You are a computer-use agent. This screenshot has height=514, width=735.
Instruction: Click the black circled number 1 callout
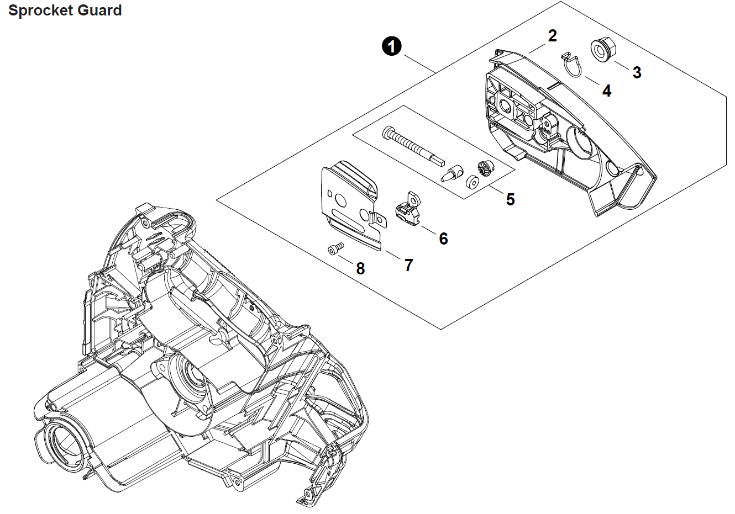[392, 46]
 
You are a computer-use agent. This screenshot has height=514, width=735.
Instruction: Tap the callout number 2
[552, 36]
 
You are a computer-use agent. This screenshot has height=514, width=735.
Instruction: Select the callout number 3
[637, 72]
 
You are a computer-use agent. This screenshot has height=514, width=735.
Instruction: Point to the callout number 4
[607, 91]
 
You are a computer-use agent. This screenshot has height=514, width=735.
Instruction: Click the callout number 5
[510, 199]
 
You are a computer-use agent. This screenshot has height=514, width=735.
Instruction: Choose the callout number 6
[443, 239]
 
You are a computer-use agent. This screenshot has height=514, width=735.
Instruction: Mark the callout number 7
[408, 266]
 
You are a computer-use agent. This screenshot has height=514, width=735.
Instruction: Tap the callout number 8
[360, 269]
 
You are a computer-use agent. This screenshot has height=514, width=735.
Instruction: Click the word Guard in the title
[101, 10]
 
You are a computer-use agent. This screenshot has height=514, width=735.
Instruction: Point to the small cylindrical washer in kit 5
[473, 182]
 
